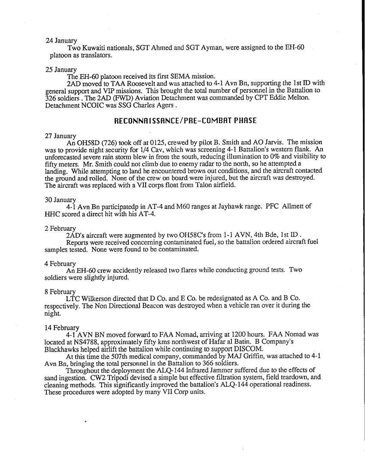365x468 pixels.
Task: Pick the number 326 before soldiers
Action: (52, 98)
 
